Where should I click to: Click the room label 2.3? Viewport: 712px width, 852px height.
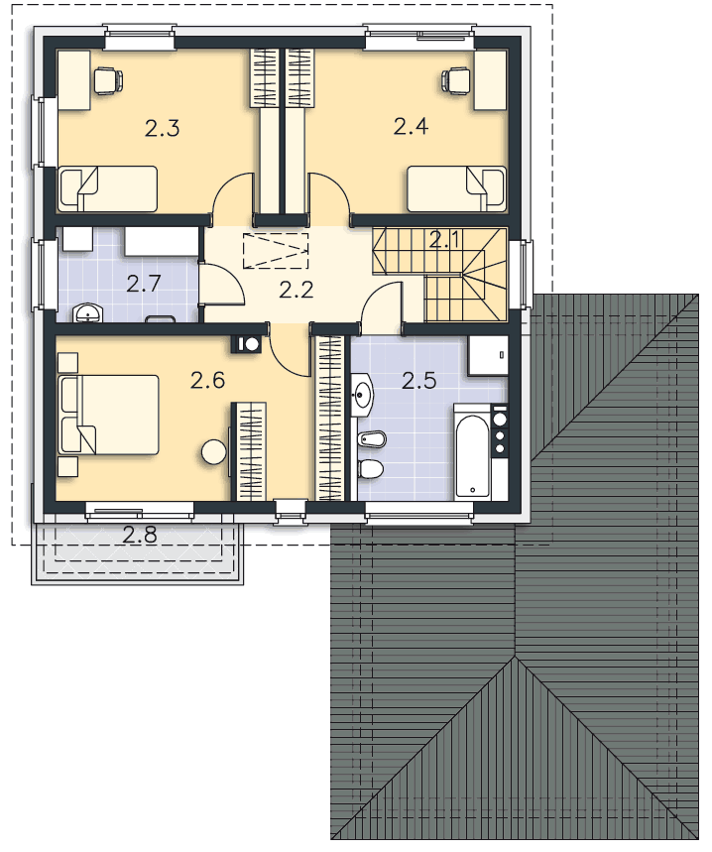[x=162, y=128]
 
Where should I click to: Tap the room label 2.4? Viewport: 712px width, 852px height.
[x=412, y=126]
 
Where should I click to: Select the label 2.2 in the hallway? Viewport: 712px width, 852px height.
[x=296, y=290]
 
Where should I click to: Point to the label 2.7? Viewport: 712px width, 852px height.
[x=144, y=284]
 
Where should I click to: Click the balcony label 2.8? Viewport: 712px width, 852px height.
[x=139, y=536]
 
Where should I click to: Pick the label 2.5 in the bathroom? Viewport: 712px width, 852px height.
[x=418, y=379]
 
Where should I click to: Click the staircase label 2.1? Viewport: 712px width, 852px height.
[x=445, y=238]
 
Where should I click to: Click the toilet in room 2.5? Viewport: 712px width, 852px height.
[x=369, y=468]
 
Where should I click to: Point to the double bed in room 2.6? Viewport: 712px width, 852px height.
[x=108, y=415]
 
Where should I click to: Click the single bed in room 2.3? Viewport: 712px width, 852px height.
[x=107, y=188]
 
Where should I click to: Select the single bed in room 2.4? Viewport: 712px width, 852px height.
[x=457, y=189]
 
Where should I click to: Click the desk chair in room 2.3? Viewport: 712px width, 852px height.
[x=106, y=79]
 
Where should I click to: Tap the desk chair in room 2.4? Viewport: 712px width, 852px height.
[x=457, y=79]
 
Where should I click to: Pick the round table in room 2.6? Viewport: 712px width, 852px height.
[x=213, y=452]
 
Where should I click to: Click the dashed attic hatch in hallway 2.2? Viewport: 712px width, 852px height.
[x=275, y=250]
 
